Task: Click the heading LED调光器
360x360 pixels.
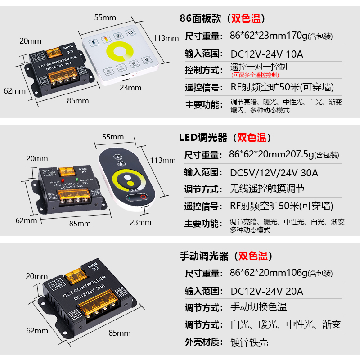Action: point(203,137)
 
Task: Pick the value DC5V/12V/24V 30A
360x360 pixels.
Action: point(274,173)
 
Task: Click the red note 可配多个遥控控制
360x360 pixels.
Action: point(255,75)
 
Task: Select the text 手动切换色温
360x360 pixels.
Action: point(258,307)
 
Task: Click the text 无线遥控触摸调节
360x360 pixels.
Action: point(267,189)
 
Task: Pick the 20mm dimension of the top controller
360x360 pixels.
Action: point(30,41)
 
